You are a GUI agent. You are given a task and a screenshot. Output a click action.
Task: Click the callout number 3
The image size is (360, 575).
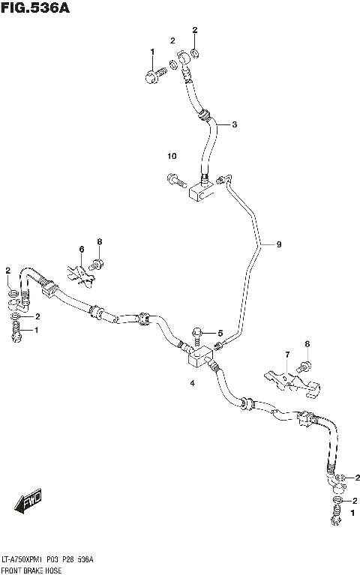pos(234,124)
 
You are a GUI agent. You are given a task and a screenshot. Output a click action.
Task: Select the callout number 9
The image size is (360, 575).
pos(278,244)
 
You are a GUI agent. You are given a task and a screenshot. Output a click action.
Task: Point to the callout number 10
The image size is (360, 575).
pos(172,156)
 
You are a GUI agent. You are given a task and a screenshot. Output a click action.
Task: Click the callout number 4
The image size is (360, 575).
pos(192,383)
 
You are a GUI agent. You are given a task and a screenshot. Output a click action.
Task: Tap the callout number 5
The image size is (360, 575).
pos(220,333)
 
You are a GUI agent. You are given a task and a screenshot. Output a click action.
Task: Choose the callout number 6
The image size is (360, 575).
pos(82,249)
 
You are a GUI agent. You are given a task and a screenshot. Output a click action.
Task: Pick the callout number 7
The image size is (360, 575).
pos(286,355)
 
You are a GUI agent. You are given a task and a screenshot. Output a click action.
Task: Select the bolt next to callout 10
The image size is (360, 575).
pos(173,179)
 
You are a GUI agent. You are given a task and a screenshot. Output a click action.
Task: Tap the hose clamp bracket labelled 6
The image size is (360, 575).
pos(80,272)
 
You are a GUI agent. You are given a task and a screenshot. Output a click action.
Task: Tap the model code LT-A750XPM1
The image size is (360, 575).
pos(27,560)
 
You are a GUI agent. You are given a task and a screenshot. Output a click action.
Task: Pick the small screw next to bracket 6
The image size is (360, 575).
pos(97,263)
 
